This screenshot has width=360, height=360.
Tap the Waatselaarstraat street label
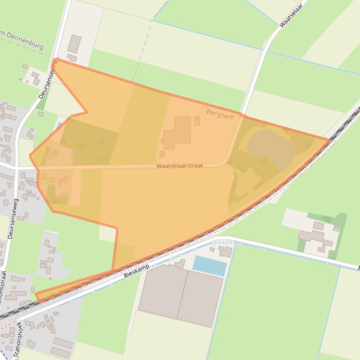point(180,166)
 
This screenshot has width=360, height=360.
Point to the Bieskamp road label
point(137,271)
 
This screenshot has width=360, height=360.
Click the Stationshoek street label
point(18,339)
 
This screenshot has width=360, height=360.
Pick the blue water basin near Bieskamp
point(209,266)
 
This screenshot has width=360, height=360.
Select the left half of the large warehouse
point(162,291)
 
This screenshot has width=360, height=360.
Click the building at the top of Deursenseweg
point(74,43)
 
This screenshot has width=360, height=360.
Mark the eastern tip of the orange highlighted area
point(330,139)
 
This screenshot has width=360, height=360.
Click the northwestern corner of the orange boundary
point(56,59)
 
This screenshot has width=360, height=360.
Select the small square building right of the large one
point(197,121)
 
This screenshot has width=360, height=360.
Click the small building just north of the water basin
point(226,252)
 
